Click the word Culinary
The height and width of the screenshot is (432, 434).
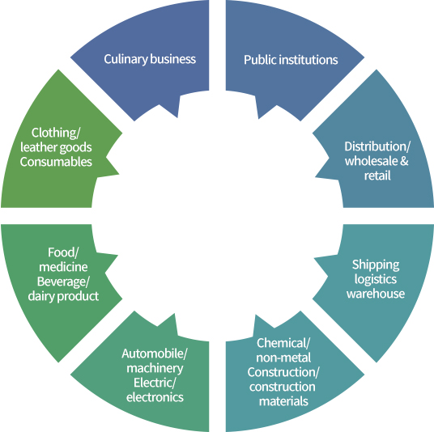126,59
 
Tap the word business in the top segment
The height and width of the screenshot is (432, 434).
173,59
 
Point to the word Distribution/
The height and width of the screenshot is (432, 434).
377,146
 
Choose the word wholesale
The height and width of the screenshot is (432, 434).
371,161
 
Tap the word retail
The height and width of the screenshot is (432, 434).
377,176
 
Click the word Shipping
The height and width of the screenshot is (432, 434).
376,265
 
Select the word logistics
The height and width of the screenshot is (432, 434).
376,279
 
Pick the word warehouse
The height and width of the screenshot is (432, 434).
376,294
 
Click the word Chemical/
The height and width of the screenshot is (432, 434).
283,343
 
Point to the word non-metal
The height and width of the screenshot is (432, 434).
283,358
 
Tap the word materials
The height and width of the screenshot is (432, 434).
283,401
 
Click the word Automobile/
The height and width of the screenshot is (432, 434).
155,354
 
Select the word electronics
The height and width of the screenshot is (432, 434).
155,397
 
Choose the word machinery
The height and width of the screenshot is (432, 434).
155,368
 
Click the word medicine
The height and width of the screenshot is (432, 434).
63,267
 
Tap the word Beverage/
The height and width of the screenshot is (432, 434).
63,282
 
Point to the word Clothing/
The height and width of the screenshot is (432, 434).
56,133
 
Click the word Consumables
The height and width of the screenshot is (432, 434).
56,162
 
